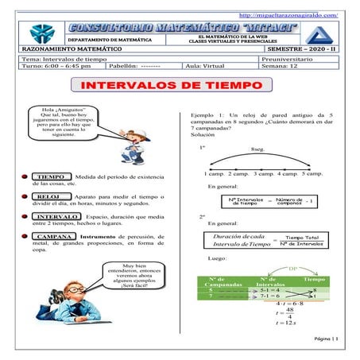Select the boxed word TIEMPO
pos(52,176)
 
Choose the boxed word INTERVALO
pos(56,215)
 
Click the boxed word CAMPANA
pos(55,236)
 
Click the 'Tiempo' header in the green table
pos(315,280)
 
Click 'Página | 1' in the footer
pos(326,339)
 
